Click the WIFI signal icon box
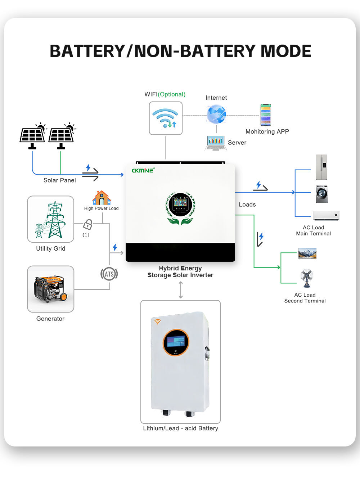point(166,118)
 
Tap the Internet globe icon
point(216,114)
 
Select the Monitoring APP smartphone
point(266,114)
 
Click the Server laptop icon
point(216,143)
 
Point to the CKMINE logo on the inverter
point(143,170)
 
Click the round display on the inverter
point(180,204)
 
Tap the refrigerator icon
point(321,167)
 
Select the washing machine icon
point(322,194)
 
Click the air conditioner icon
point(326,215)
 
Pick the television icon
point(307,253)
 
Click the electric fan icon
point(307,278)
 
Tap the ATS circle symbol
point(109,274)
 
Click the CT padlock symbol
point(88,225)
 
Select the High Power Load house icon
point(102,198)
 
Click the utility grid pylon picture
point(51,219)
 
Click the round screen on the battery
point(176,342)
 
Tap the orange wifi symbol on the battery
point(158,321)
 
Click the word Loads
point(247,205)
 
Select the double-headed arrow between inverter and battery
point(181,290)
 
